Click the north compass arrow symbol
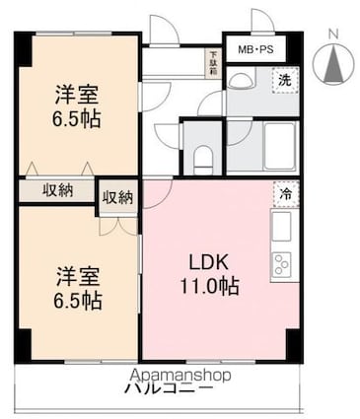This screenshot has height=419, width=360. [332, 65]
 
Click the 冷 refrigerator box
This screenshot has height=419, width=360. [281, 195]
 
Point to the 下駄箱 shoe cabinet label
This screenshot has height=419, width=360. [211, 61]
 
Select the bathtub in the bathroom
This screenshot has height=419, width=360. [280, 145]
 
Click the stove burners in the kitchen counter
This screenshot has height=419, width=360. [281, 264]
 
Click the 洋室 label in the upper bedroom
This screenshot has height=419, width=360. [76, 96]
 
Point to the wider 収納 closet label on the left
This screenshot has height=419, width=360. [56, 191]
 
